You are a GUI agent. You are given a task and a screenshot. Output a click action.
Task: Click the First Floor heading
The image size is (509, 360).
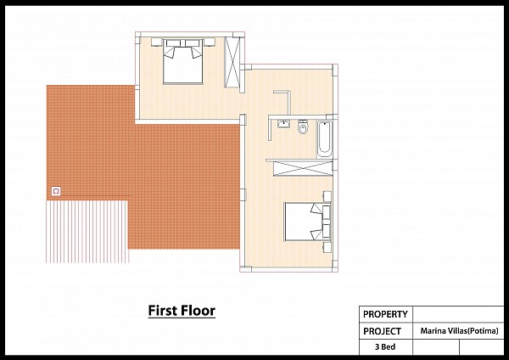point(182,311)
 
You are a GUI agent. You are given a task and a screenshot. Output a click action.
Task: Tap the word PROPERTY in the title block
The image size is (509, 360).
point(385,314)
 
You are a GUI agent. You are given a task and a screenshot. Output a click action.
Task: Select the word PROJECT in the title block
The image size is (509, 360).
point(382,331)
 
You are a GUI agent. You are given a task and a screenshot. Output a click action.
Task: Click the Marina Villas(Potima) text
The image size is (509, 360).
point(459,331)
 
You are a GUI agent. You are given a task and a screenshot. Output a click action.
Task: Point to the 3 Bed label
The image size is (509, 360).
point(385,347)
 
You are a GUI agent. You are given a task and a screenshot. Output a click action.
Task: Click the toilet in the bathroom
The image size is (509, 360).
point(303,127)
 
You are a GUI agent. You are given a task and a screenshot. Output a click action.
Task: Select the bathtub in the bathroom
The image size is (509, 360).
point(324,138)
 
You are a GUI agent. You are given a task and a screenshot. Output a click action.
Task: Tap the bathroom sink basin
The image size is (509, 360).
point(283,124)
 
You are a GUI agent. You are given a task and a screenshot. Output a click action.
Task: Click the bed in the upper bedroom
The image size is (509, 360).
point(182,61)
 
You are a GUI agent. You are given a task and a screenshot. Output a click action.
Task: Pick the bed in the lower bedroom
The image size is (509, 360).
point(307,222)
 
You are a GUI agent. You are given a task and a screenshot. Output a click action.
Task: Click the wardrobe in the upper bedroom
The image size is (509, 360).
point(232,62)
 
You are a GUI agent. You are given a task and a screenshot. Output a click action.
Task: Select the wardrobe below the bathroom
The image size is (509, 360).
point(303,169)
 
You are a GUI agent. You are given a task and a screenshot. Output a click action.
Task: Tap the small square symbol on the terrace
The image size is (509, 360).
point(56,191)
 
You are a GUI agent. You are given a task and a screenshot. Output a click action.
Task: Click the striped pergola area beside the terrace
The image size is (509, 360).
point(87,232)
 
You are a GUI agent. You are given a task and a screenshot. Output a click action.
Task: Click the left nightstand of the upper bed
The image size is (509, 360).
point(156,42)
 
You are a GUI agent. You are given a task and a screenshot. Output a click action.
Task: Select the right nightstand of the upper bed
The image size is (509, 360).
point(210,42)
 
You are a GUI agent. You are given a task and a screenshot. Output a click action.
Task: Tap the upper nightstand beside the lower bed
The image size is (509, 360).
point(327,197)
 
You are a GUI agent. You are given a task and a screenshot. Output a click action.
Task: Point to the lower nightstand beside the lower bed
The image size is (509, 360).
point(327,247)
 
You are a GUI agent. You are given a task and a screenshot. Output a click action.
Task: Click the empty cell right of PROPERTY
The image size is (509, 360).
point(458,314)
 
